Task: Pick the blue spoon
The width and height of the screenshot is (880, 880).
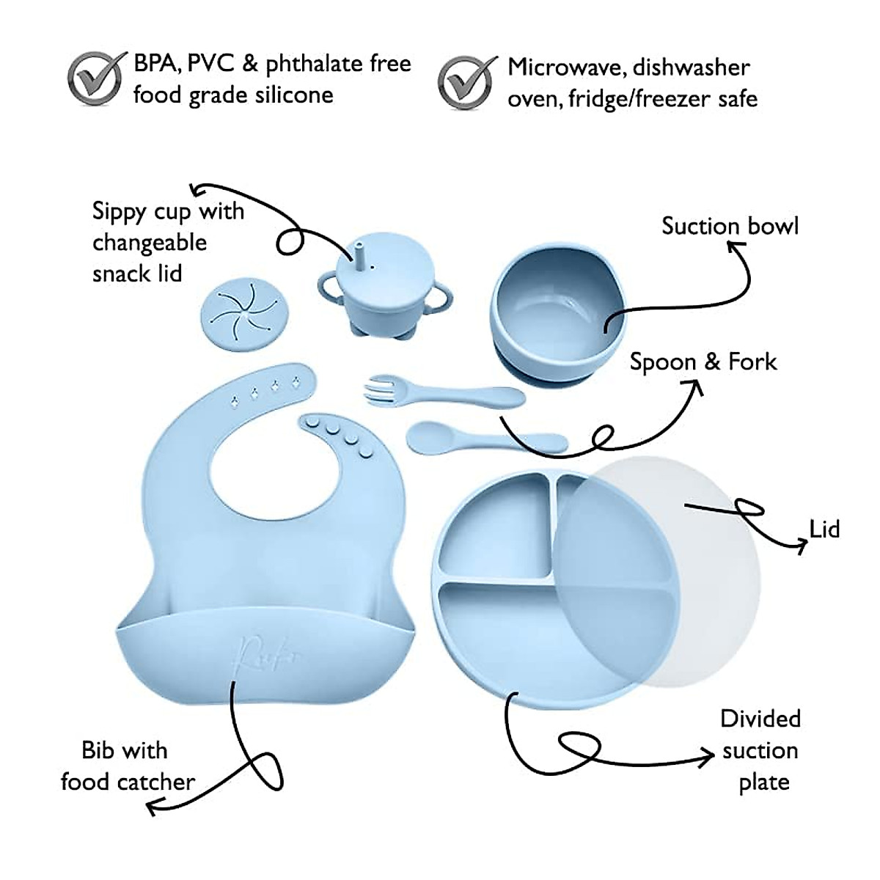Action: [x=485, y=438]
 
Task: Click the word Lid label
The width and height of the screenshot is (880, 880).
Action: [x=824, y=529]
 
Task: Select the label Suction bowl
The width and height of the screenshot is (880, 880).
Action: [x=730, y=226]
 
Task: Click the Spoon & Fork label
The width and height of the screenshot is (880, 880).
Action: [x=703, y=362]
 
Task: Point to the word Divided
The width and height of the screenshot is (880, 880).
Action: [x=760, y=719]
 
